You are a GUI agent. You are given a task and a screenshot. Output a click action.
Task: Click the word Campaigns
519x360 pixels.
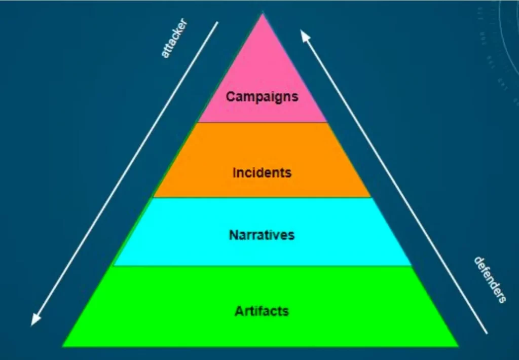[262, 97]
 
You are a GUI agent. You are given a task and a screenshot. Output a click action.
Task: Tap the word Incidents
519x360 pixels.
[262, 172]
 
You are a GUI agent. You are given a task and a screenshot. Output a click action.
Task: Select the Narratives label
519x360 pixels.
[262, 235]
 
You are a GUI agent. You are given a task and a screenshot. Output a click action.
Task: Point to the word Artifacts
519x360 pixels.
[262, 311]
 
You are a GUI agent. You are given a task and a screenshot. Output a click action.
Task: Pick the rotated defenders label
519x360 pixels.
[490, 280]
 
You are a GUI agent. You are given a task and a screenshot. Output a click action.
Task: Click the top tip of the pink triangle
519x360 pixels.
[263, 13]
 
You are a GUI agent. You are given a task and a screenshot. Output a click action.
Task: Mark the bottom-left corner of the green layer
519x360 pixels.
[62, 346]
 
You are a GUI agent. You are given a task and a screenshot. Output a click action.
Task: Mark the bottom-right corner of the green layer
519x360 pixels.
[459, 346]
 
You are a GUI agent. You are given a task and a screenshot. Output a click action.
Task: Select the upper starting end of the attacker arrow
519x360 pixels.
[217, 22]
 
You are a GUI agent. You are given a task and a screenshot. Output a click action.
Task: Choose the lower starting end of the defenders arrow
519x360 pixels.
[487, 333]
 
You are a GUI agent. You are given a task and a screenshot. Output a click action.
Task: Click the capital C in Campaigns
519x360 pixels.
[231, 96]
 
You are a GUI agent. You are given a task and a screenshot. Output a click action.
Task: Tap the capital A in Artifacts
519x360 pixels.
[239, 311]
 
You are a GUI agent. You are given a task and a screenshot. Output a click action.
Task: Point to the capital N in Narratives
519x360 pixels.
[234, 235]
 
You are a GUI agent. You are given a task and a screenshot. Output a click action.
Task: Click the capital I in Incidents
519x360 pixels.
[235, 172]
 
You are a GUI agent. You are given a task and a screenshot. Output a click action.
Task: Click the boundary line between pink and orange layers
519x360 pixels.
[263, 122]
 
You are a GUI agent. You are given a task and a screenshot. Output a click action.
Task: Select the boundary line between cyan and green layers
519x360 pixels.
[263, 265]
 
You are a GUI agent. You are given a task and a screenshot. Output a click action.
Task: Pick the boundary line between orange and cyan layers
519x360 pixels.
[263, 197]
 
